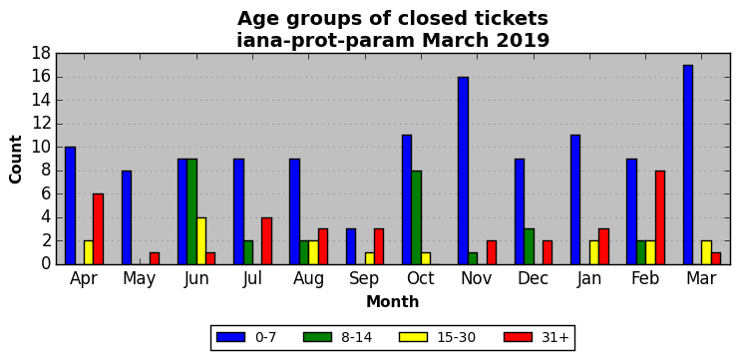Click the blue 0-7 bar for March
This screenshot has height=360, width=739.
[x=687, y=165]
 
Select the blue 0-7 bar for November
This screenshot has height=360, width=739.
[x=464, y=171]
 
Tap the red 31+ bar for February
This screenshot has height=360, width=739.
[x=660, y=217]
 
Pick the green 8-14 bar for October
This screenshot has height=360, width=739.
[x=417, y=217]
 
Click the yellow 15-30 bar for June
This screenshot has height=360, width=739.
[x=201, y=240]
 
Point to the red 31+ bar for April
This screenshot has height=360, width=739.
[x=98, y=229]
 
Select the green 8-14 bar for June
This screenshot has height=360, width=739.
[x=191, y=211]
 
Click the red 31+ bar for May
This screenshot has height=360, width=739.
[x=155, y=258]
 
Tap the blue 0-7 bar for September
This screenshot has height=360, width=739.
[x=351, y=246]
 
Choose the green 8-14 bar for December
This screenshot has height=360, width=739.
[x=529, y=246]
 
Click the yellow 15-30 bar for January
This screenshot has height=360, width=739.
[x=594, y=252]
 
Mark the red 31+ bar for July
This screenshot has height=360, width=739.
[x=266, y=240]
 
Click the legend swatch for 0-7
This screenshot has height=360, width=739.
[x=231, y=337]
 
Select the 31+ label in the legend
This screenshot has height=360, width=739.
[x=554, y=337]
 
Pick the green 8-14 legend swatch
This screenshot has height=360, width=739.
[x=318, y=337]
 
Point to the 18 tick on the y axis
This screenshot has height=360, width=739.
[x=41, y=53]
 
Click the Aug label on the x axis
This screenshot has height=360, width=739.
[x=309, y=278]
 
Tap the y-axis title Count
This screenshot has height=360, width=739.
[x=16, y=160]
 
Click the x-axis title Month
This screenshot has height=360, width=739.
[x=393, y=301]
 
